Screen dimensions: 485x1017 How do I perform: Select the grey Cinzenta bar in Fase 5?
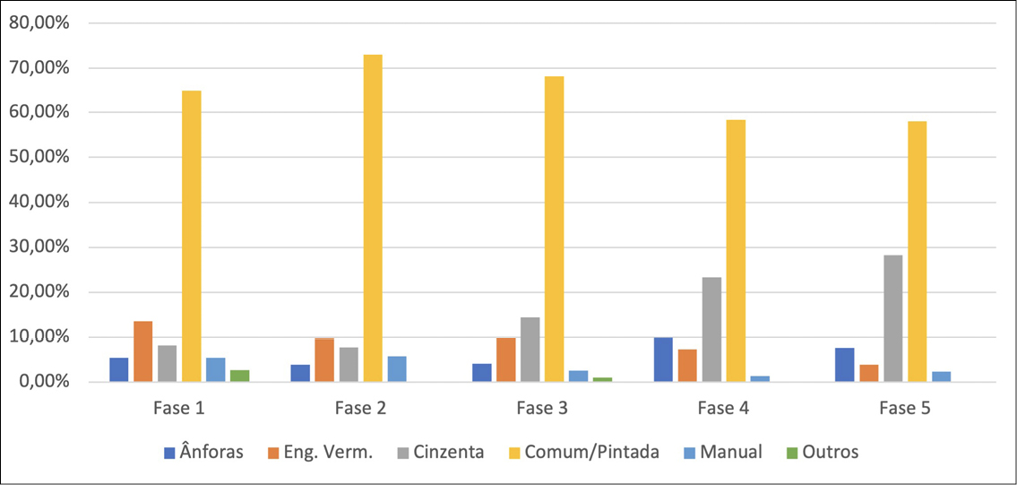[893, 318]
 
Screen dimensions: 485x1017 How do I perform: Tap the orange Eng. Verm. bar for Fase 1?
[143, 351]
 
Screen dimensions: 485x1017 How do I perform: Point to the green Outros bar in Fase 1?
[240, 376]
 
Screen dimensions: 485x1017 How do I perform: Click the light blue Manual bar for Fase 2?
[397, 368]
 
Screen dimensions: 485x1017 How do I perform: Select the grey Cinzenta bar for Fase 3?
[530, 350]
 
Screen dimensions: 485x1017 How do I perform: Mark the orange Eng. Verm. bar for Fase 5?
[869, 373]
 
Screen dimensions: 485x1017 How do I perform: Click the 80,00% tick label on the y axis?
[39, 23]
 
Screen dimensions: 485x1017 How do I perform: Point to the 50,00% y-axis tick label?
[39, 158]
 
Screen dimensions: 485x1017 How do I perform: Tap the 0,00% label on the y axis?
[42, 382]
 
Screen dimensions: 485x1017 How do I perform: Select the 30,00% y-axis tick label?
[39, 247]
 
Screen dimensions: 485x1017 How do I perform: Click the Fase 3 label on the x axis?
[542, 409]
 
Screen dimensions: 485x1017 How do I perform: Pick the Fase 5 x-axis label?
[905, 409]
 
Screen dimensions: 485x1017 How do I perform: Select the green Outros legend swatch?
[791, 452]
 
